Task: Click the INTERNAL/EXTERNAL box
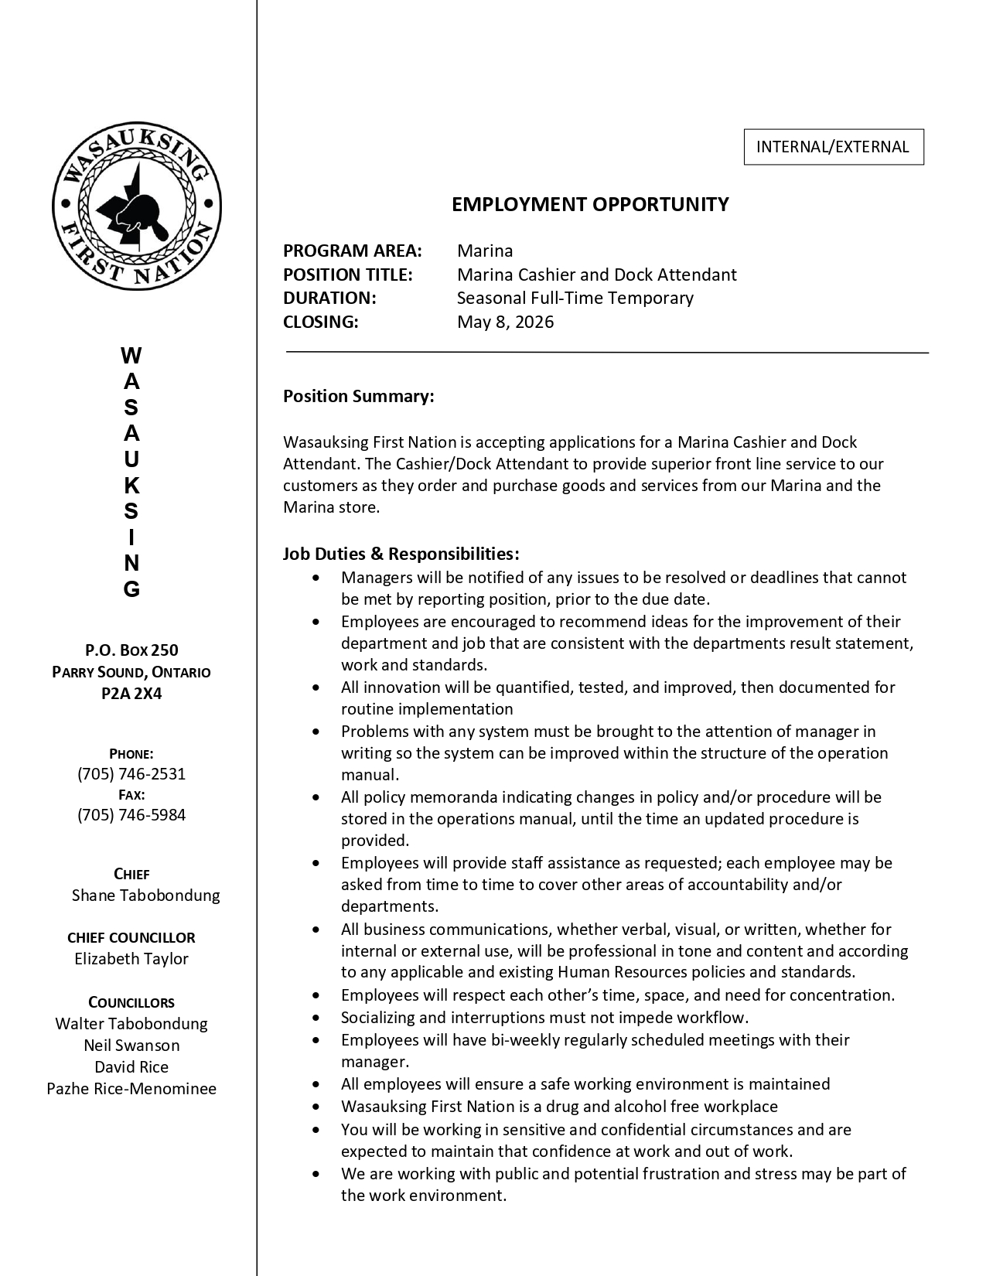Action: click(833, 147)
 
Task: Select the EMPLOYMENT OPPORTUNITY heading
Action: click(590, 204)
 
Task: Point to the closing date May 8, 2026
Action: click(505, 322)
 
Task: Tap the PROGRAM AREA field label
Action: click(352, 251)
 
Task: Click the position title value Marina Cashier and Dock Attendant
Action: click(596, 275)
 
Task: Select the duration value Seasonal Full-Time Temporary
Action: click(575, 298)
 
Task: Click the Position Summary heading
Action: click(358, 396)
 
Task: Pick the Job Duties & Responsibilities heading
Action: click(401, 554)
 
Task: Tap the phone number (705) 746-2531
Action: click(131, 774)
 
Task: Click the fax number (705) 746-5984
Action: click(131, 814)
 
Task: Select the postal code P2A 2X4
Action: click(131, 693)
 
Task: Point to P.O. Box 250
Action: click(131, 650)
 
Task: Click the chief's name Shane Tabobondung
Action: click(145, 895)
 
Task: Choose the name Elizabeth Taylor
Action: click(131, 959)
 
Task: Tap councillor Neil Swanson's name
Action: click(131, 1046)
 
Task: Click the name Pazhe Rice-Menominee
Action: click(131, 1089)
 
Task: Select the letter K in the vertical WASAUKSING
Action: click(131, 486)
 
